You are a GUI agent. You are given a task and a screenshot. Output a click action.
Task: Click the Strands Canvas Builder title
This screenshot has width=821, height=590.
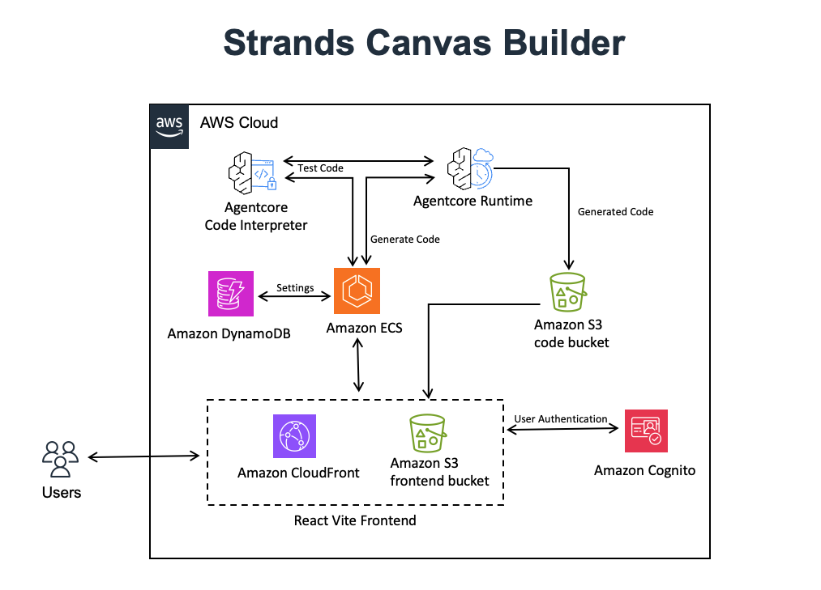(424, 43)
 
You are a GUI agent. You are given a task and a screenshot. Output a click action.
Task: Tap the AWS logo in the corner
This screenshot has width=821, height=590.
(169, 125)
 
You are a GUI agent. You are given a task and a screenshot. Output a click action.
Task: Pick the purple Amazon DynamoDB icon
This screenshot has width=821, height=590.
(230, 293)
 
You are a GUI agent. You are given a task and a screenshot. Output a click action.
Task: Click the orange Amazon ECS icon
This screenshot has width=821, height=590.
(357, 291)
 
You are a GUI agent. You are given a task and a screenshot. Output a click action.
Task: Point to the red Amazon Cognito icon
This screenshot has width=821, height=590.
(646, 431)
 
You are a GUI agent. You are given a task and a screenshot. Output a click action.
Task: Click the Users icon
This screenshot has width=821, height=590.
(60, 459)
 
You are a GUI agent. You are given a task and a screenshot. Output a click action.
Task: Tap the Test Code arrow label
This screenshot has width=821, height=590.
(320, 168)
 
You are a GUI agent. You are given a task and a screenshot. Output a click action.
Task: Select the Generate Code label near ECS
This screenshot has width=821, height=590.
(405, 240)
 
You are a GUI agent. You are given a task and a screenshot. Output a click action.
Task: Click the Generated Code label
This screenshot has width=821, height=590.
(615, 212)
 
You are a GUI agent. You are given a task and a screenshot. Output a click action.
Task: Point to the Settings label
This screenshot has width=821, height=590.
(295, 287)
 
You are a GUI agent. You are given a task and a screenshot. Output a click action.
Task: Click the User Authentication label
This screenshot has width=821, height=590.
(560, 418)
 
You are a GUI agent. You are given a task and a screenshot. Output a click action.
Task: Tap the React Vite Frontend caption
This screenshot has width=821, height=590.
(355, 520)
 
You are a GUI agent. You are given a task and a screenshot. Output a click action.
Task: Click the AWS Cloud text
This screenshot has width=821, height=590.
(239, 123)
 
